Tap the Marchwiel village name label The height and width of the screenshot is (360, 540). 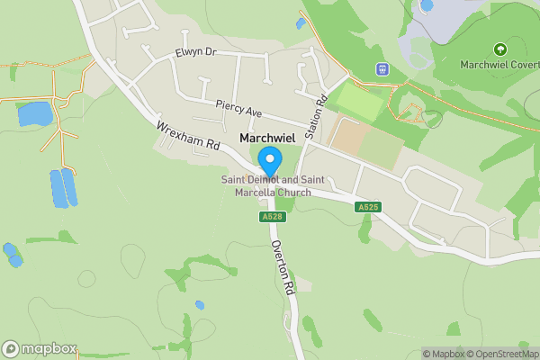[268, 138]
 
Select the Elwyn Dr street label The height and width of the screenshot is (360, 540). [197, 52]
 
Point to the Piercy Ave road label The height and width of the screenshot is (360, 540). [238, 107]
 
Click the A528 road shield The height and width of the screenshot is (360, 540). [271, 217]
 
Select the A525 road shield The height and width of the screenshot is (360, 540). [368, 207]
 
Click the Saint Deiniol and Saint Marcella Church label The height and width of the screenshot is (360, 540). [266, 186]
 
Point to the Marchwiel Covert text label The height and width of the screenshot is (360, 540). [499, 65]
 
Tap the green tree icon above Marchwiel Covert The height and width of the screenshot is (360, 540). [499, 49]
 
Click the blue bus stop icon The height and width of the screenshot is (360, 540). [382, 69]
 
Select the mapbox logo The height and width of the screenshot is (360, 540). [40, 349]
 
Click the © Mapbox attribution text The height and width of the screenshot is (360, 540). [444, 354]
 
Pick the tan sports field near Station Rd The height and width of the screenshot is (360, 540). [349, 135]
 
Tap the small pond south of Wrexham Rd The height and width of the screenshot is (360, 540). [199, 305]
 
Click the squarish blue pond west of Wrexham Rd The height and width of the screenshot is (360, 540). [34, 114]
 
